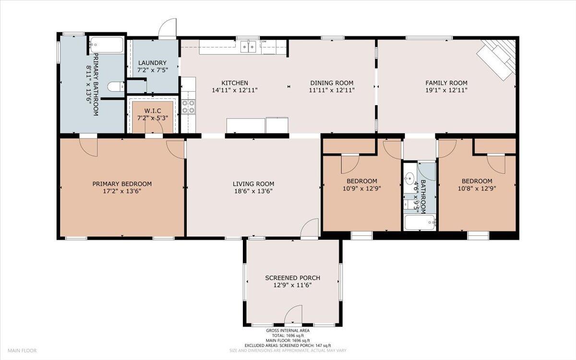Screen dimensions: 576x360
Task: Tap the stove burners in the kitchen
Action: [x=188, y=107]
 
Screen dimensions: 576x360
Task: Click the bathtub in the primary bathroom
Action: [x=107, y=45]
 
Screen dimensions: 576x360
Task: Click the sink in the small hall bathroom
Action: [x=409, y=178]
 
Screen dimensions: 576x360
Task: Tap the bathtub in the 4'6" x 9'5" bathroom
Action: [x=420, y=222]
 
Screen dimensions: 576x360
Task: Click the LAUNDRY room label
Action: [x=152, y=63]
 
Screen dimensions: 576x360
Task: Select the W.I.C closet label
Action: [x=153, y=111]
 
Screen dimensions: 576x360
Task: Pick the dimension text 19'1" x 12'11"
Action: [x=446, y=90]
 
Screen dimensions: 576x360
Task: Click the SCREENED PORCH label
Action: [x=293, y=278]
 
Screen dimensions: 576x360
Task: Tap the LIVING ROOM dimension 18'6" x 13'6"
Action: [x=253, y=191]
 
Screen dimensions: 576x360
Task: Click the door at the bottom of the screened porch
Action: [x=293, y=314]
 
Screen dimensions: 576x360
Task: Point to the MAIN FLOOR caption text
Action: [x=22, y=350]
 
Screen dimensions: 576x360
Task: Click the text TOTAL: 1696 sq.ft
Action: [x=288, y=336]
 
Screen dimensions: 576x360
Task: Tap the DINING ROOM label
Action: [x=332, y=83]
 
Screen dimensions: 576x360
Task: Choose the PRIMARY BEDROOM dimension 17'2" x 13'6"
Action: [x=122, y=191]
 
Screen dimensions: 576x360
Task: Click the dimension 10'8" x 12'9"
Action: [x=477, y=189]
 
